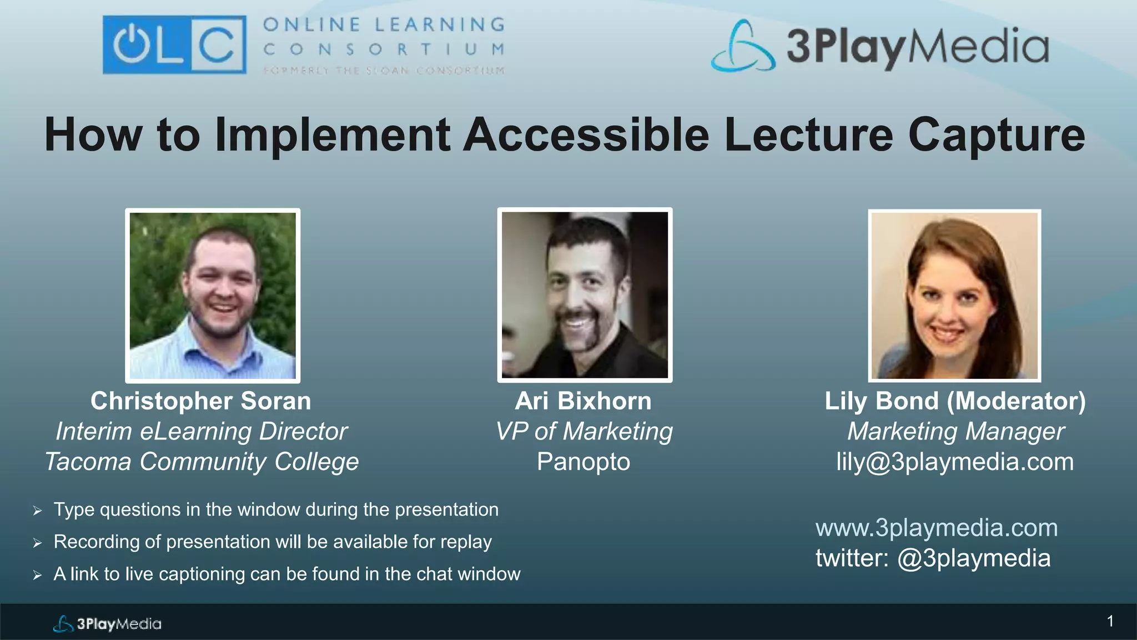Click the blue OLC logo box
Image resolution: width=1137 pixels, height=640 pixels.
pyautogui.click(x=174, y=44)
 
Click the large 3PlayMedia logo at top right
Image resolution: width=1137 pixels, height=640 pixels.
pyautogui.click(x=880, y=46)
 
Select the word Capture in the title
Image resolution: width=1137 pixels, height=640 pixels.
pyautogui.click(x=996, y=135)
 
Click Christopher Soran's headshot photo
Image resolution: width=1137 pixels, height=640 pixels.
pyautogui.click(x=213, y=296)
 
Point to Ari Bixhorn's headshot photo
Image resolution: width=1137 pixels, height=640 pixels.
pyautogui.click(x=585, y=295)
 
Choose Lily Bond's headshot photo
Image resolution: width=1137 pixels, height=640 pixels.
pyautogui.click(x=954, y=296)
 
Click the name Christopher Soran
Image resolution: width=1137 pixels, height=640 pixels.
pyautogui.click(x=201, y=401)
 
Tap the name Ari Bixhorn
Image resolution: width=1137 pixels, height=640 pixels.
pyautogui.click(x=583, y=401)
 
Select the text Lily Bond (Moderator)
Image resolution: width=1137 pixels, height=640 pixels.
pyautogui.click(x=955, y=401)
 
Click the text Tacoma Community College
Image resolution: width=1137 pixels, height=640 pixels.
pyautogui.click(x=202, y=462)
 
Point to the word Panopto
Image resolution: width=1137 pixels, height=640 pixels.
pyautogui.click(x=583, y=462)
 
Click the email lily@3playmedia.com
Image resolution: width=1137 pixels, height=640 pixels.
pyautogui.click(x=955, y=462)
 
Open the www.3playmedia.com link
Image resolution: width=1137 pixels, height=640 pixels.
pyautogui.click(x=937, y=528)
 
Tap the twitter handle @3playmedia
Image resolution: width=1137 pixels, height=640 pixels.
pyautogui.click(x=974, y=558)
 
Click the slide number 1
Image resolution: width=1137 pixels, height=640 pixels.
pyautogui.click(x=1110, y=621)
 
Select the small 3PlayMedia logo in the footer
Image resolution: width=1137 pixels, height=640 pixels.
pyautogui.click(x=107, y=624)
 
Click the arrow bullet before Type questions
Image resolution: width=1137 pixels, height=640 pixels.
pyautogui.click(x=37, y=511)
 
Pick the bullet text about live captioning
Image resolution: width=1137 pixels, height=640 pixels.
pyautogui.click(x=286, y=574)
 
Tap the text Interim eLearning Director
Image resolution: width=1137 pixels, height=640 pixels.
pyautogui.click(x=202, y=432)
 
